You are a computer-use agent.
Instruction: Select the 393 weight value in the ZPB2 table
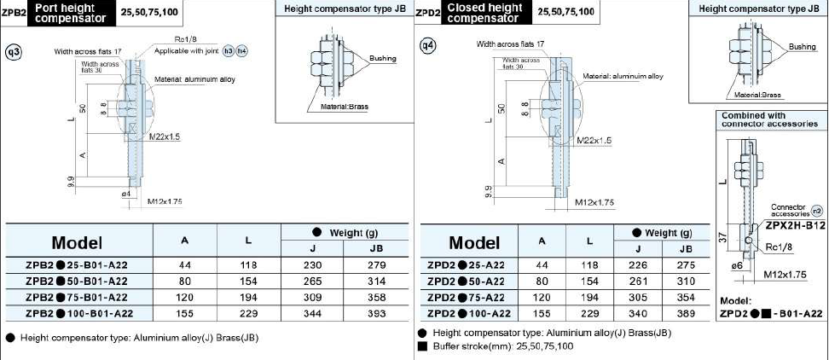tap(376, 313)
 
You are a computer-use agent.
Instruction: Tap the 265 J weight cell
tap(314, 282)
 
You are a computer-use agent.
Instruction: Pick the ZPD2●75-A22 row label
tap(466, 297)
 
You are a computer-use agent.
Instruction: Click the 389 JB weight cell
tap(686, 313)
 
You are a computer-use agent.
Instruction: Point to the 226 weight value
tap(637, 265)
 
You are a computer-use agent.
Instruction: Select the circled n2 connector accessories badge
tap(817, 211)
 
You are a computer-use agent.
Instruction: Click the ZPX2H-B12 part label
tap(795, 225)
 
